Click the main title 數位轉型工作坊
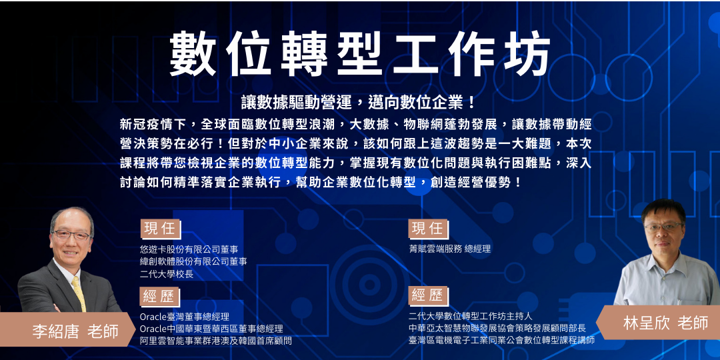[x=360, y=53]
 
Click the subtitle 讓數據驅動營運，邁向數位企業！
[x=360, y=103]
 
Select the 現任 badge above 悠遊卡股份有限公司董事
[x=160, y=229]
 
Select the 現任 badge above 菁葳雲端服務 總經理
[x=427, y=229]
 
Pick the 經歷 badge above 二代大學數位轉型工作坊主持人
[x=427, y=295]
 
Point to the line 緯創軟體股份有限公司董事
[x=193, y=261]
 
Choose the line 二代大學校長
[x=167, y=273]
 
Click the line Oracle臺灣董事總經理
[x=185, y=317]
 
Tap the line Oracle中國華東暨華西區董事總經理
[x=211, y=329]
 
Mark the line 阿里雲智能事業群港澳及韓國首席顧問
[x=216, y=341]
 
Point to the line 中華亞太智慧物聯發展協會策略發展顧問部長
[x=497, y=328]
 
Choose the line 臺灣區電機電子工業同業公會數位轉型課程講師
[x=501, y=340]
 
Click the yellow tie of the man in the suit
[x=79, y=294]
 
